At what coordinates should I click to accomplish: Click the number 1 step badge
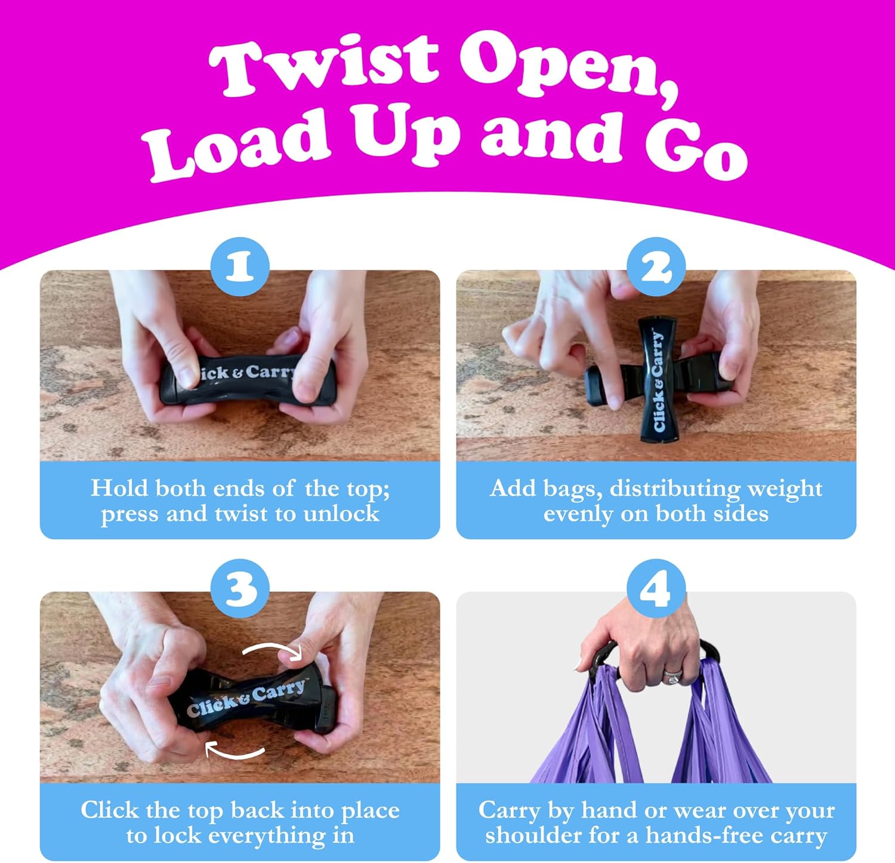point(240,266)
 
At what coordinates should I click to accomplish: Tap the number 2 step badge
point(656,266)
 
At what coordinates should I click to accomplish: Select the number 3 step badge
point(240,588)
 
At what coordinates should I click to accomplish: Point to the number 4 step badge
point(656,588)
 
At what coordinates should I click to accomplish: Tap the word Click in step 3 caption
point(110,810)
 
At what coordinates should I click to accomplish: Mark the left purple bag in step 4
point(588,726)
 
